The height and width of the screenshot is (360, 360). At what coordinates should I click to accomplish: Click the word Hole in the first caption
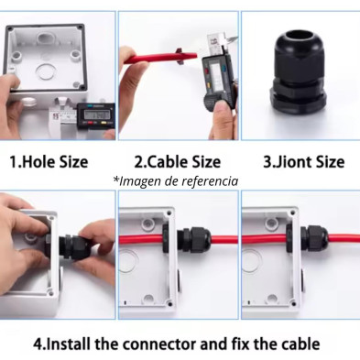[38, 161]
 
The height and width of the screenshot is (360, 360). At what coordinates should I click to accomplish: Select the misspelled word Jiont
[289, 161]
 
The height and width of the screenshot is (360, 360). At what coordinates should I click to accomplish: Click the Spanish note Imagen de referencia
[176, 180]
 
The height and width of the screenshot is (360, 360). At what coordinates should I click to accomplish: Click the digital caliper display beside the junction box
[96, 115]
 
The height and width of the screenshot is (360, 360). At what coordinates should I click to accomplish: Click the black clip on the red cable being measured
[180, 56]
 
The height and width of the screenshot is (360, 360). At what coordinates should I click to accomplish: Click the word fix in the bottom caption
[240, 344]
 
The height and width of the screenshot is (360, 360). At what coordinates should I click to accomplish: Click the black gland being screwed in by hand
[74, 246]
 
